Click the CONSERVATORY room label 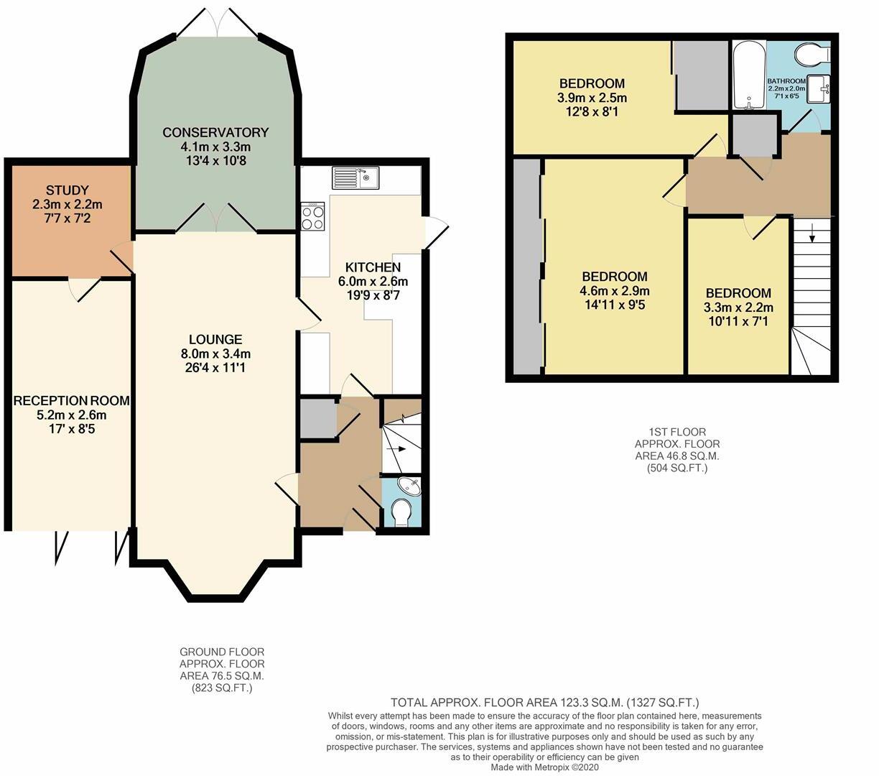pos(215,132)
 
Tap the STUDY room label pos(67,190)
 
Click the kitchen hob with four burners pos(314,216)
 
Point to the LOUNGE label pos(215,339)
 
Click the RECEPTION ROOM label pos(71,400)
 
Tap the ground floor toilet pos(401,513)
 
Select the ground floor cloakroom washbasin pos(410,487)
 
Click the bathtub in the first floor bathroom pos(748,75)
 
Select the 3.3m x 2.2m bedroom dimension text pos(738,308)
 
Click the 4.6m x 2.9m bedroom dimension pos(615,291)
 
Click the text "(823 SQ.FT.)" pos(222,688)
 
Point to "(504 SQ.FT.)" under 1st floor pos(676,468)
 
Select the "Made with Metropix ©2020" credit pos(545,767)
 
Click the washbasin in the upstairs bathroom pos(818,90)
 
